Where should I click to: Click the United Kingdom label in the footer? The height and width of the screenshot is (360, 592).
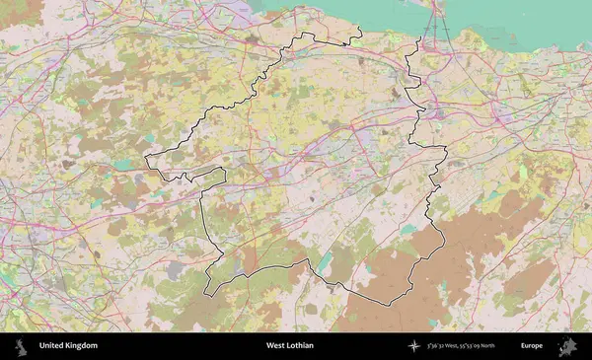point(68,346)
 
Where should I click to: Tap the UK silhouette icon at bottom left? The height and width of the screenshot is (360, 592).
point(19,346)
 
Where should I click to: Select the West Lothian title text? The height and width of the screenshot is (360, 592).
point(289,346)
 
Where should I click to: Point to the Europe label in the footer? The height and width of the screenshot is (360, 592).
point(532,346)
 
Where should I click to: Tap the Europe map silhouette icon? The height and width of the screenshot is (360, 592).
point(567,346)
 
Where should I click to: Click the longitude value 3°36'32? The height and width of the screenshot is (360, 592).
point(437,346)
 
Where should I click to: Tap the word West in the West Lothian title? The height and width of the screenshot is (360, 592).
point(274,346)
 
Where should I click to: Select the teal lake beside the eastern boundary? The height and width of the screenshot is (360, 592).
point(408,229)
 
